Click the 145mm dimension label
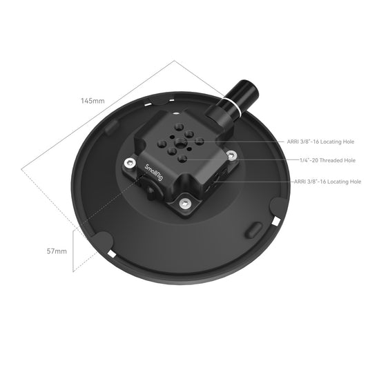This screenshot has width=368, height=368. pyautogui.click(x=92, y=101)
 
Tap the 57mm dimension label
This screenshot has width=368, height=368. pyautogui.click(x=57, y=251)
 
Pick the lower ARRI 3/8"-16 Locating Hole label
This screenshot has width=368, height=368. pyautogui.click(x=327, y=182)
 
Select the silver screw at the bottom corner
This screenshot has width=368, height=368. pyautogui.click(x=184, y=203)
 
